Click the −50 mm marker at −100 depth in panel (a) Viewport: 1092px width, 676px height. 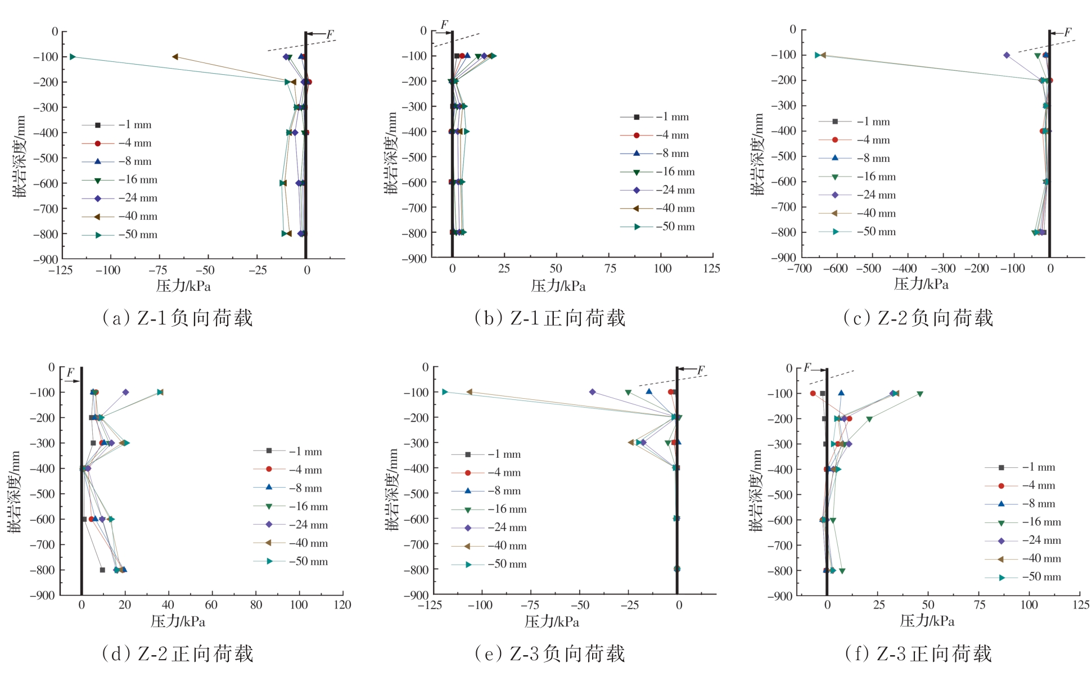pos(73,57)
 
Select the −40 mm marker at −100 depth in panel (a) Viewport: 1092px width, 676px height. pos(175,57)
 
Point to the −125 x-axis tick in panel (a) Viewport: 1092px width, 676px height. pos(60,271)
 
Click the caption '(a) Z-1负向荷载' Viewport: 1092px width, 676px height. pos(177,318)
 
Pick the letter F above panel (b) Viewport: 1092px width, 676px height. pos(444,25)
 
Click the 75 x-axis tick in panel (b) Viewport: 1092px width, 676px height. pos(610,269)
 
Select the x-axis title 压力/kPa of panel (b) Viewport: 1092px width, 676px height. pos(558,286)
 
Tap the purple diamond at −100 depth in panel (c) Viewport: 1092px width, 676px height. pos(1007,55)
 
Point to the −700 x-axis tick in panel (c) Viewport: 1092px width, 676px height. pos(799,269)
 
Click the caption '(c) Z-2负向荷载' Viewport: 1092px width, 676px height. pos(918,318)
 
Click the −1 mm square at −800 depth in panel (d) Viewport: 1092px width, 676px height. pos(102,570)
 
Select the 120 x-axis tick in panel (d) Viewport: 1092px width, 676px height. pos(342,605)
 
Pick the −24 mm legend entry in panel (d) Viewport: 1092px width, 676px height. pos(308,525)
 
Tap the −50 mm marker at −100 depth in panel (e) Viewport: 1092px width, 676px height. pos(445,391)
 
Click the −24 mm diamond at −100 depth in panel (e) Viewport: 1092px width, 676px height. pos(592,392)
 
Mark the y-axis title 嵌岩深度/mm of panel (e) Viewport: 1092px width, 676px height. pos(392,489)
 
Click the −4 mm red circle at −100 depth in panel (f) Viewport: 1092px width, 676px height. pos(813,394)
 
